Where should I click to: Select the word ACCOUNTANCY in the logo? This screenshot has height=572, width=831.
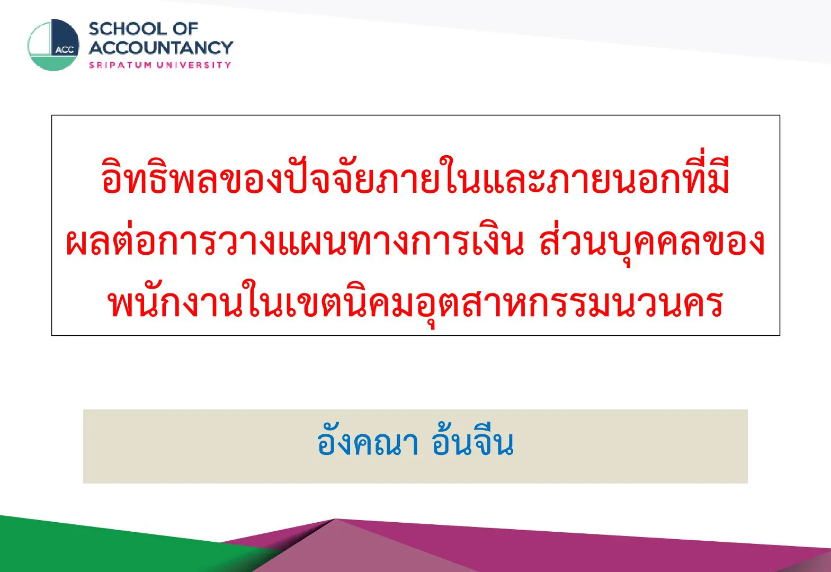pos(161,48)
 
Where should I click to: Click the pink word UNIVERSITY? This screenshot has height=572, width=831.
pos(194,65)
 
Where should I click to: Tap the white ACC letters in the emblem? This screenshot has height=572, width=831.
pos(65,50)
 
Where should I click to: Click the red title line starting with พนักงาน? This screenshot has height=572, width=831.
pos(415,302)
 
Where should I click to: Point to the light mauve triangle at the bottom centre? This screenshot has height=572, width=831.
pos(352,553)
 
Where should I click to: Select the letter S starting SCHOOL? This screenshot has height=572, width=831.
pos(95,29)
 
